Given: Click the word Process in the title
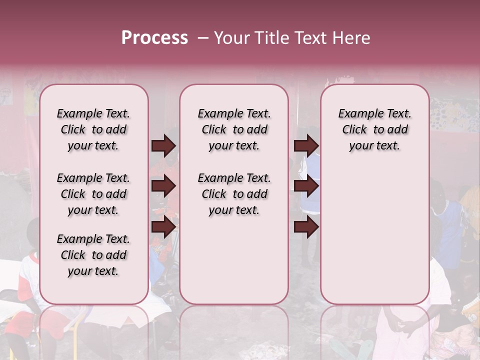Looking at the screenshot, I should tap(154, 38).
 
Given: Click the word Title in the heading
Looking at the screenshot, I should tap(270, 38).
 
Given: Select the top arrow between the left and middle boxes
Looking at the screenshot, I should tap(163, 145).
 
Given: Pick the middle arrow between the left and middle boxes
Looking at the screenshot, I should tap(163, 186).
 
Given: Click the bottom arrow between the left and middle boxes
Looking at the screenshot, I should tap(163, 227).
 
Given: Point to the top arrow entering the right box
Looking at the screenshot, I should tap(306, 145).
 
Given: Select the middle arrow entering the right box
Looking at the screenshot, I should tap(306, 186).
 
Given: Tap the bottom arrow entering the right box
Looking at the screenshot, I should tap(306, 227).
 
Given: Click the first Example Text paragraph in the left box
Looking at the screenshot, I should tap(93, 129).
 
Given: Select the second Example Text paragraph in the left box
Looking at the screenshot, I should tap(93, 194).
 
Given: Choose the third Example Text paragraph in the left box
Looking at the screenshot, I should tap(93, 255).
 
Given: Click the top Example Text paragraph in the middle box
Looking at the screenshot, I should tap(234, 129).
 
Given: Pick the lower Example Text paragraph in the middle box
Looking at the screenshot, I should tap(234, 194).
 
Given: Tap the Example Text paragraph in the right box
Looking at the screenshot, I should tap(374, 129).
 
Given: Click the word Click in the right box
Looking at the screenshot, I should tap(354, 130).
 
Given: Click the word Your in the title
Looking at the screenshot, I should tap(232, 38).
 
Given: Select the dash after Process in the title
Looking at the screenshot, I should tap(202, 38).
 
